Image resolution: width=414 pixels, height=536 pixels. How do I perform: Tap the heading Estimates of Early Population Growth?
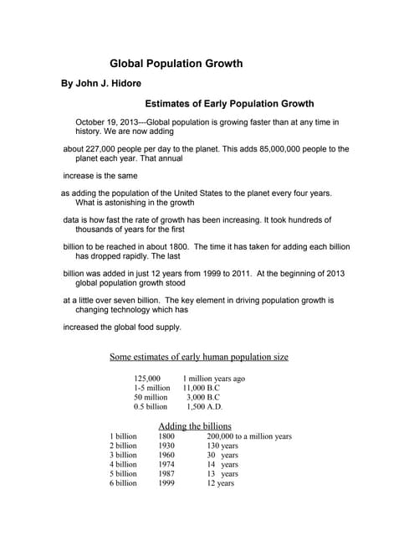coord(229,105)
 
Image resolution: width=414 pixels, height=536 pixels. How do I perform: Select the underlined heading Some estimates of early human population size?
coord(199,357)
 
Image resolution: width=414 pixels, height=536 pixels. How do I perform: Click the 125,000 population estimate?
coord(147,379)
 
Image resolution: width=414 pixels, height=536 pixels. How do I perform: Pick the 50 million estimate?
coord(151,397)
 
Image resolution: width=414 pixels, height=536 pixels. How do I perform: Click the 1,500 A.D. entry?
coord(205,406)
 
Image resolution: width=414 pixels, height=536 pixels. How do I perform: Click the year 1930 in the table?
coord(166,446)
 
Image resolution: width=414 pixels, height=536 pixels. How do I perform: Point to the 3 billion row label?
coord(123,455)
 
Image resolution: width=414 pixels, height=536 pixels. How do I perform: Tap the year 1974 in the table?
coord(166,464)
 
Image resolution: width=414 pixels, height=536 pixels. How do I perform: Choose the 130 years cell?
coord(223,446)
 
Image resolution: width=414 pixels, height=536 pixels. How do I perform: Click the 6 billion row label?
coord(123,482)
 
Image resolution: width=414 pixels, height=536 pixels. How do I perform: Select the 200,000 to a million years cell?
coord(249,436)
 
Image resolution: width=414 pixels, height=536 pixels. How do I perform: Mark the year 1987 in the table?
coord(166,473)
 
